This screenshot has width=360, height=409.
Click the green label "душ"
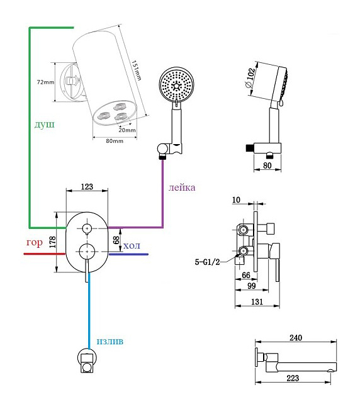pyautogui.click(x=45, y=125)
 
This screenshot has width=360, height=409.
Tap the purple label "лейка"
pyautogui.click(x=182, y=188)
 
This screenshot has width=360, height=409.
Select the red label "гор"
pyautogui.click(x=35, y=243)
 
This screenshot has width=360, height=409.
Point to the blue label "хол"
pyautogui.click(x=132, y=245)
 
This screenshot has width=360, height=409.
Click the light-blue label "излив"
pyautogui.click(x=110, y=341)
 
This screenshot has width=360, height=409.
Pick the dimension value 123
pyautogui.click(x=87, y=187)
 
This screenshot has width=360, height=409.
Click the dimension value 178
pyautogui.click(x=53, y=242)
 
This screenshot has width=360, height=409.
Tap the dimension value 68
pyautogui.click(x=116, y=240)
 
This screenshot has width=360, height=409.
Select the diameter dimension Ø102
pyautogui.click(x=250, y=78)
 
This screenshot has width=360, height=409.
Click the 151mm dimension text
pyautogui.click(x=136, y=70)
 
